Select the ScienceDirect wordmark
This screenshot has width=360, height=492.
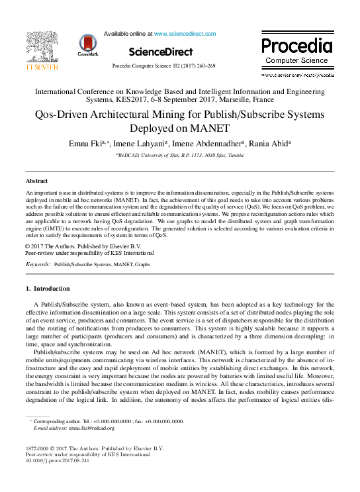[x=161, y=52]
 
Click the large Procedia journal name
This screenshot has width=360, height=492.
[x=296, y=46]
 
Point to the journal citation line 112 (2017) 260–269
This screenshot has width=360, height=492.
[x=163, y=67]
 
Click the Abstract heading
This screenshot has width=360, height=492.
[x=36, y=181]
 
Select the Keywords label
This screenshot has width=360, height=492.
[x=38, y=264]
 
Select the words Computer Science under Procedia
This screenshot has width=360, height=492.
[x=296, y=61]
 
